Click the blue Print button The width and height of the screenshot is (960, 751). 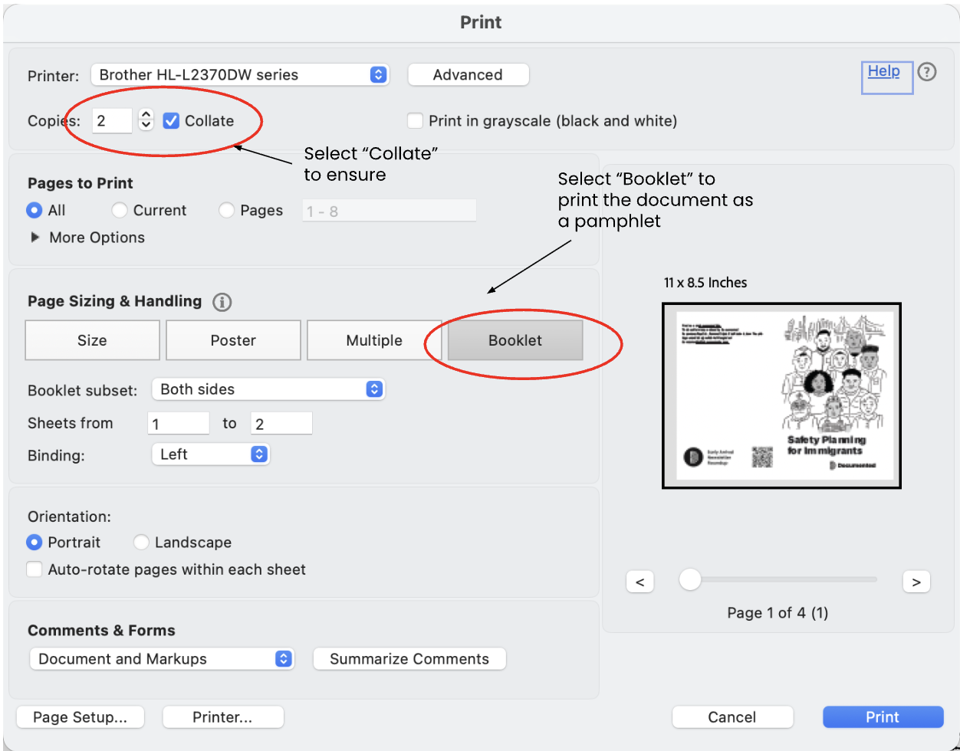tap(883, 717)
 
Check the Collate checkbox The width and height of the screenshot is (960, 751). tap(172, 121)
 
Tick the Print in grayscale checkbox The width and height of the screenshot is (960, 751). tap(416, 121)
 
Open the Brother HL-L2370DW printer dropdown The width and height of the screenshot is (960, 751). tap(239, 75)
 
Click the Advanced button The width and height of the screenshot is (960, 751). tap(468, 75)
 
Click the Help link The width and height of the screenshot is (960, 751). tap(883, 71)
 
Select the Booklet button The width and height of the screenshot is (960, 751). tap(515, 340)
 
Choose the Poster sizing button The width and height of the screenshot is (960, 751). tap(233, 340)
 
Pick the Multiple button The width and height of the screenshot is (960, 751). tap(374, 340)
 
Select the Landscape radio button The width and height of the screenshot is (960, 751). tap(141, 543)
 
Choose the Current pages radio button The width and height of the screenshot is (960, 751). tap(120, 210)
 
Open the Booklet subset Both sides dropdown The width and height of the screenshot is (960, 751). tap(268, 389)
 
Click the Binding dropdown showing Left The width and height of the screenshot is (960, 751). tap(211, 454)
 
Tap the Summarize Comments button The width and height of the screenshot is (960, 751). tap(409, 659)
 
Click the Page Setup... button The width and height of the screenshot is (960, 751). tap(80, 717)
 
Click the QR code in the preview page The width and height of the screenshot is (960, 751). tap(762, 457)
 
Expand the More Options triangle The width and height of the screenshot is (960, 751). tap(35, 238)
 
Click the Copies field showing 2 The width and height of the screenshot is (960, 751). tap(112, 121)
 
